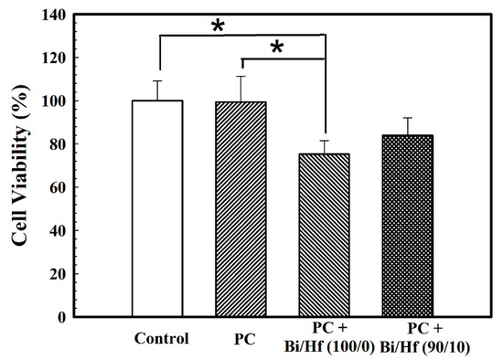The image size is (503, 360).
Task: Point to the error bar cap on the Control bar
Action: click(157, 80)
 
